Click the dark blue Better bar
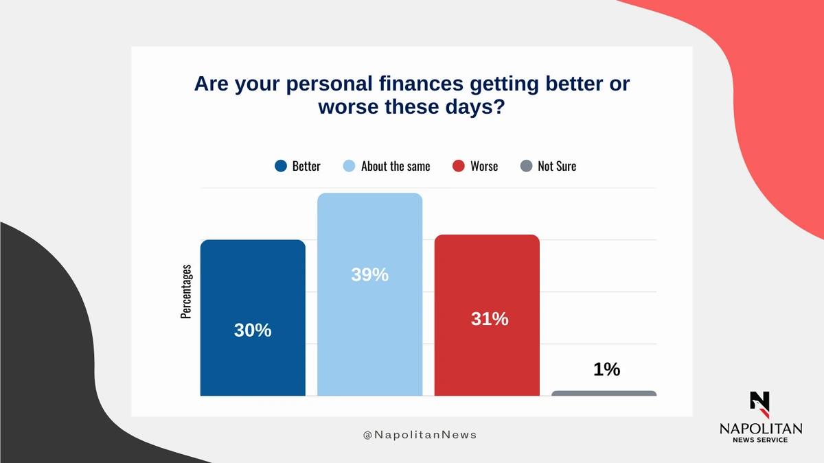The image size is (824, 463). (x=253, y=318)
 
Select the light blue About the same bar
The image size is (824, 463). (x=369, y=294)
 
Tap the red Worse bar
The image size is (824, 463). (x=487, y=316)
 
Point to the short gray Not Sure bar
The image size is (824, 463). (x=604, y=393)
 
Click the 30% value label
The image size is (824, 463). (x=253, y=330)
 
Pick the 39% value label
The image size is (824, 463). (x=369, y=274)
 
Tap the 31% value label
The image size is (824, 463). (x=490, y=318)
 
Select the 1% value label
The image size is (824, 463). (x=606, y=369)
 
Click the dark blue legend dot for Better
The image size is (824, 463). (x=281, y=166)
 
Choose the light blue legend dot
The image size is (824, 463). (x=349, y=166)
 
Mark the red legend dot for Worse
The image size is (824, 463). (x=459, y=166)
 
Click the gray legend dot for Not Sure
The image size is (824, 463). (x=527, y=166)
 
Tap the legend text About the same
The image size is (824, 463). (x=396, y=166)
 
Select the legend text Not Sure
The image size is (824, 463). (x=557, y=166)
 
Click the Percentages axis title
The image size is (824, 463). (x=186, y=292)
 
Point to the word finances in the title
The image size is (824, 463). (x=421, y=84)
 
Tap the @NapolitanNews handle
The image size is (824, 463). (x=420, y=435)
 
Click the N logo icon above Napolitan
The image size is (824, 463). (x=760, y=405)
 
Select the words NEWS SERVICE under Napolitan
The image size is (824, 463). (x=760, y=440)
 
